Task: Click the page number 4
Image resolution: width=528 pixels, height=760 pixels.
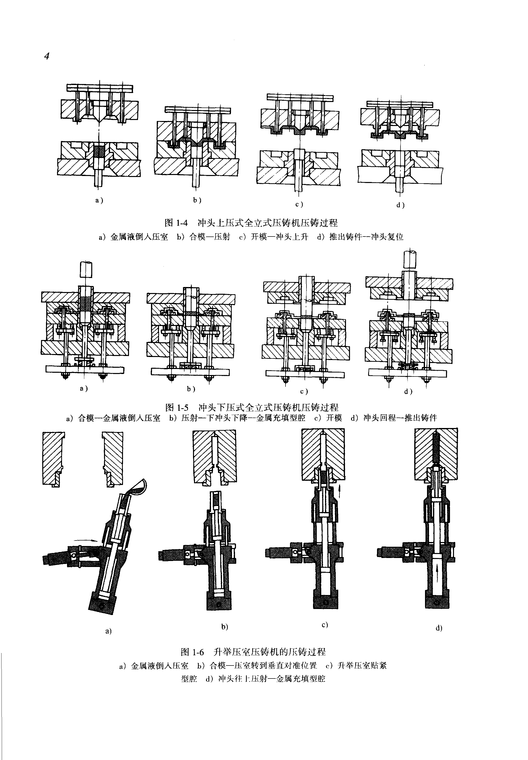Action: (x=47, y=56)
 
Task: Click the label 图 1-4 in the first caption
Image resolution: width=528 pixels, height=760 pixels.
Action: (x=176, y=223)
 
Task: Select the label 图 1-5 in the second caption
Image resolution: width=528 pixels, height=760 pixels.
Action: (x=177, y=407)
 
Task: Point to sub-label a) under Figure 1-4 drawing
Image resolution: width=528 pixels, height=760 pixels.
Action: (x=99, y=200)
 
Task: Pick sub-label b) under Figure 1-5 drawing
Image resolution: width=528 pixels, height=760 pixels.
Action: (x=191, y=389)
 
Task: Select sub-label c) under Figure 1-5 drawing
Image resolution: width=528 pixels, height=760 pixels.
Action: (x=304, y=391)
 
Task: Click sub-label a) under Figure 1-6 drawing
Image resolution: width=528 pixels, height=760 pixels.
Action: (x=108, y=631)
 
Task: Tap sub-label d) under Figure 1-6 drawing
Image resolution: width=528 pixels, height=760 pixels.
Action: (x=439, y=628)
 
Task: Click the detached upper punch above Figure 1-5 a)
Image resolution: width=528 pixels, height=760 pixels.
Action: (x=86, y=270)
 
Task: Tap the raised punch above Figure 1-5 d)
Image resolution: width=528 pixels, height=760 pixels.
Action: (x=409, y=259)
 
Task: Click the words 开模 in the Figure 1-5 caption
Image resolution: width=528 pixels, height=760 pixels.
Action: (x=334, y=418)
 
